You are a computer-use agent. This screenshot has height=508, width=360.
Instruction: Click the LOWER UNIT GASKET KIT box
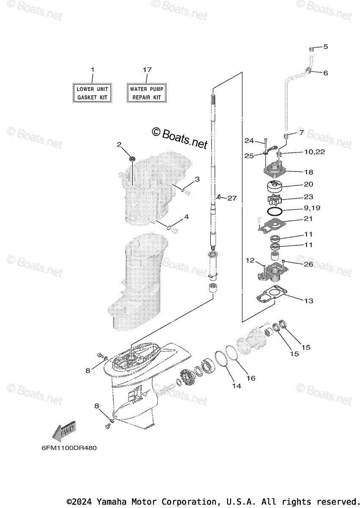tap(92, 93)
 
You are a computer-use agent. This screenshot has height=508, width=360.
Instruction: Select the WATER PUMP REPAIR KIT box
tap(146, 93)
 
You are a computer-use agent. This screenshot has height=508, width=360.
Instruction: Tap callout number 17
tap(147, 69)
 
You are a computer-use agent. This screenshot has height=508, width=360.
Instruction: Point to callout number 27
tap(232, 198)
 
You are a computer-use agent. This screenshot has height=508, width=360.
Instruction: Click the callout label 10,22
tap(313, 152)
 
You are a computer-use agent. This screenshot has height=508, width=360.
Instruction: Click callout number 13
tap(308, 301)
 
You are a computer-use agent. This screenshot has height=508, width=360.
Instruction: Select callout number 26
tap(308, 265)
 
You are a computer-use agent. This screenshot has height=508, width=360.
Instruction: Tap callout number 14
tap(236, 386)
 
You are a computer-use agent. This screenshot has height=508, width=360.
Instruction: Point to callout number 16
tap(251, 378)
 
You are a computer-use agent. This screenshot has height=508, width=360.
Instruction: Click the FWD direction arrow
tap(64, 432)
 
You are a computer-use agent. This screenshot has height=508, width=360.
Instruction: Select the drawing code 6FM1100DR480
tap(66, 447)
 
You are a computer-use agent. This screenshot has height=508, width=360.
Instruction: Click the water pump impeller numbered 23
tap(276, 198)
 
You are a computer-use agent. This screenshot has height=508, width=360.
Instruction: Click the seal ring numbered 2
tap(132, 159)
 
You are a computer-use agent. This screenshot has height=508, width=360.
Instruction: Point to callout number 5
tap(326, 47)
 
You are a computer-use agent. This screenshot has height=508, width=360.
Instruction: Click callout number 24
tap(249, 141)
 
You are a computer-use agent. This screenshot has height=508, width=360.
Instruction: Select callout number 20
tap(308, 184)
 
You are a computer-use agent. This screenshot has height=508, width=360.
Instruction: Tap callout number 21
tap(308, 219)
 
